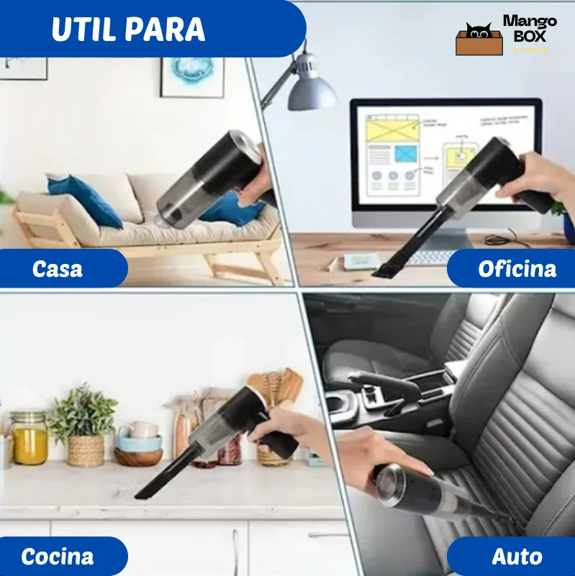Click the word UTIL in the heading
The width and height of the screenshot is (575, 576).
click(83, 29)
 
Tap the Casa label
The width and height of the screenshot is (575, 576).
click(58, 269)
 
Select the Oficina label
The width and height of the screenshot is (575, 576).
click(517, 269)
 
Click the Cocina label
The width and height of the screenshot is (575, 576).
click(58, 556)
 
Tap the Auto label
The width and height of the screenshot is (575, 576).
click(517, 556)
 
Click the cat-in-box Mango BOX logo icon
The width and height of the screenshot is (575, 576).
click(479, 40)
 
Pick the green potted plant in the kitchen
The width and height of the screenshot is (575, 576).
click(83, 417)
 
